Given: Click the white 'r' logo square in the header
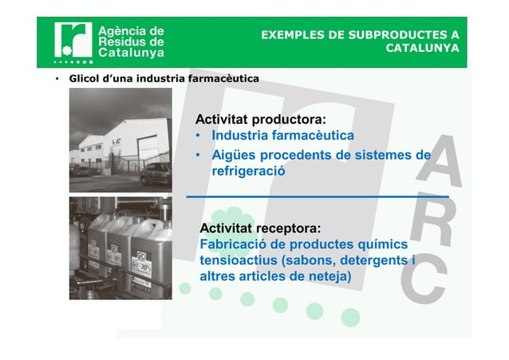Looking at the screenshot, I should tap(73, 40).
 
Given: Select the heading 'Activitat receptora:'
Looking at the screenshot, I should tap(260, 230).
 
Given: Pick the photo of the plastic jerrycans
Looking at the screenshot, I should tap(120, 247).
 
